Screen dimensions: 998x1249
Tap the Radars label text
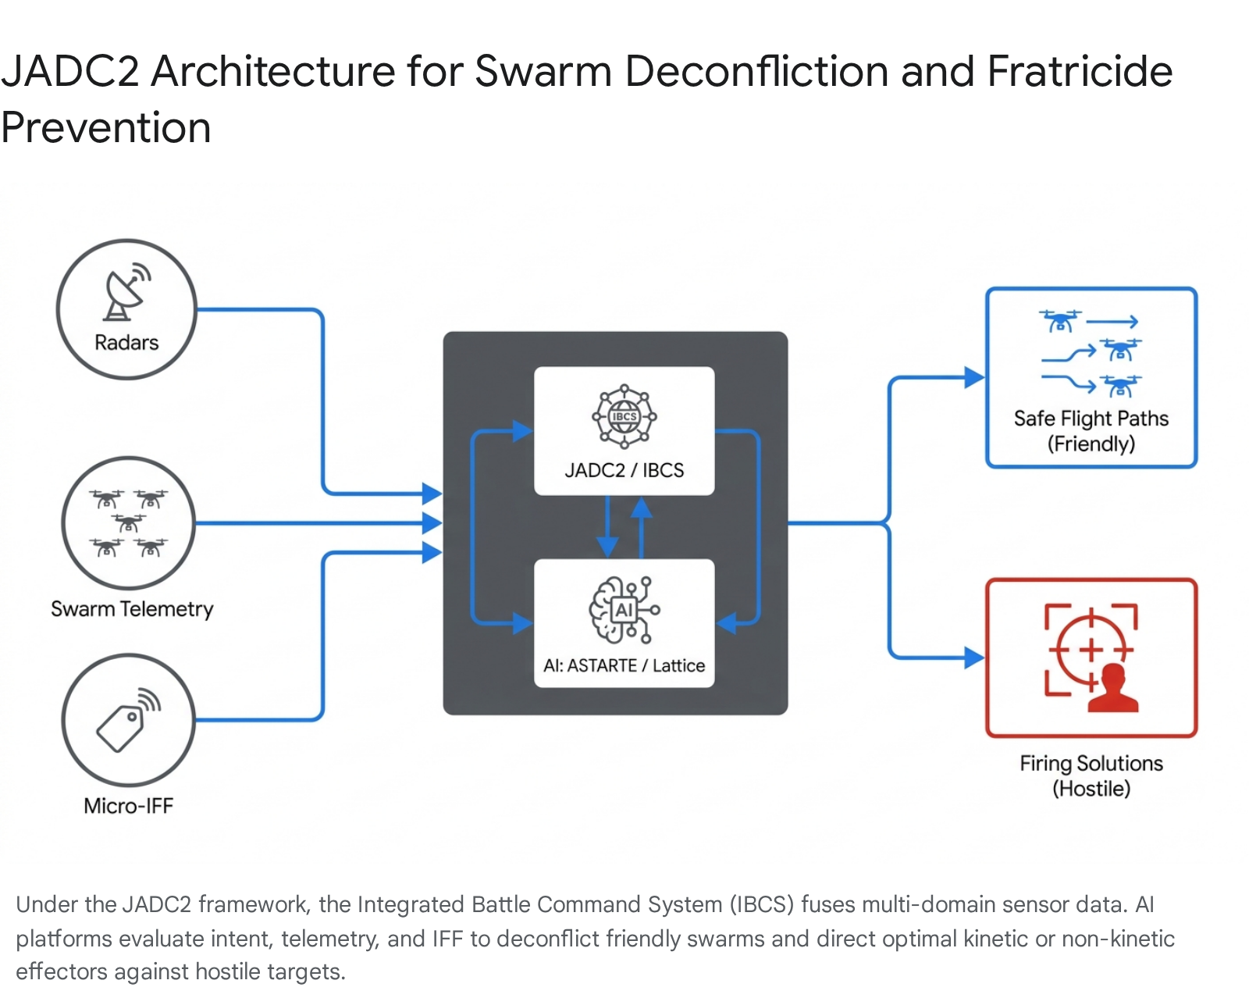(x=126, y=343)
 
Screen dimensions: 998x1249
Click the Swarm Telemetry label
(x=132, y=609)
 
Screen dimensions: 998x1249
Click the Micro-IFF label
(x=129, y=806)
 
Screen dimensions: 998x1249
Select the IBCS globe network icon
(x=624, y=416)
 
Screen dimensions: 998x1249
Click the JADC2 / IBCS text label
(x=624, y=470)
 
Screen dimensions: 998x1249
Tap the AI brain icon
(x=623, y=610)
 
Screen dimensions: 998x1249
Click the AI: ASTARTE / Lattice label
(x=624, y=665)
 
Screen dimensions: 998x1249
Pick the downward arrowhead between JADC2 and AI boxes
(x=607, y=546)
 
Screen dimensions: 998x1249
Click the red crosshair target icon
(x=1090, y=649)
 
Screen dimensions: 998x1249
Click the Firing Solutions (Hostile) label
(x=1091, y=775)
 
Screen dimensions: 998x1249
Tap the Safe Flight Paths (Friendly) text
(x=1091, y=431)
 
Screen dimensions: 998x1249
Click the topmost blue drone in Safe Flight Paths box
(x=1060, y=320)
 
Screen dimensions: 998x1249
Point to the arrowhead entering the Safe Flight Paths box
(x=973, y=378)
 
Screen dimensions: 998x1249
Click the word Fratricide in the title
(x=1080, y=71)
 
